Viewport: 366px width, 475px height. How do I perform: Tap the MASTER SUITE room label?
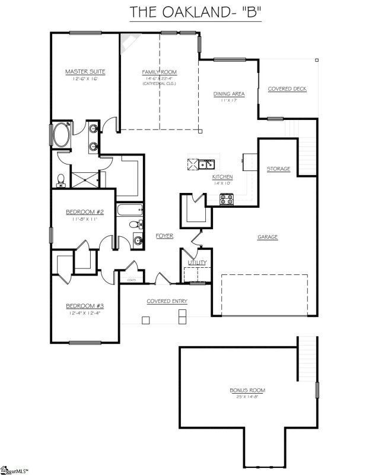click(x=85, y=72)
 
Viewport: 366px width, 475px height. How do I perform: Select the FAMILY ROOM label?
click(x=159, y=72)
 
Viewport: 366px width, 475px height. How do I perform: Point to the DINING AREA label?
click(x=229, y=94)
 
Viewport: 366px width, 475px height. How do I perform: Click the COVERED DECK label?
click(x=287, y=89)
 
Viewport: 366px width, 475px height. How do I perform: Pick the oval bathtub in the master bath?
click(x=61, y=136)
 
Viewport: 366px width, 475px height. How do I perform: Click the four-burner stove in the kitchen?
click(x=227, y=200)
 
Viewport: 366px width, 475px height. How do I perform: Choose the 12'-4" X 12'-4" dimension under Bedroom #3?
click(x=84, y=313)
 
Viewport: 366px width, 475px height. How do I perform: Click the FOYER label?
click(x=164, y=236)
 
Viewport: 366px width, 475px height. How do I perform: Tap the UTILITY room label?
click(x=196, y=262)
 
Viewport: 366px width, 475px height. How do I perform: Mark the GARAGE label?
click(x=267, y=237)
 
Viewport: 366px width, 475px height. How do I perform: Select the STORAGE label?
click(x=278, y=169)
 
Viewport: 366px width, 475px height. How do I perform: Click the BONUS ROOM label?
click(x=247, y=390)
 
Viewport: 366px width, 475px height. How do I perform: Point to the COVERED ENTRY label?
click(x=167, y=301)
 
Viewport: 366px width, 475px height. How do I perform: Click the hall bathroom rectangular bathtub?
click(x=129, y=210)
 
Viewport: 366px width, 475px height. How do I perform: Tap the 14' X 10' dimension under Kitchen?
click(x=222, y=183)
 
